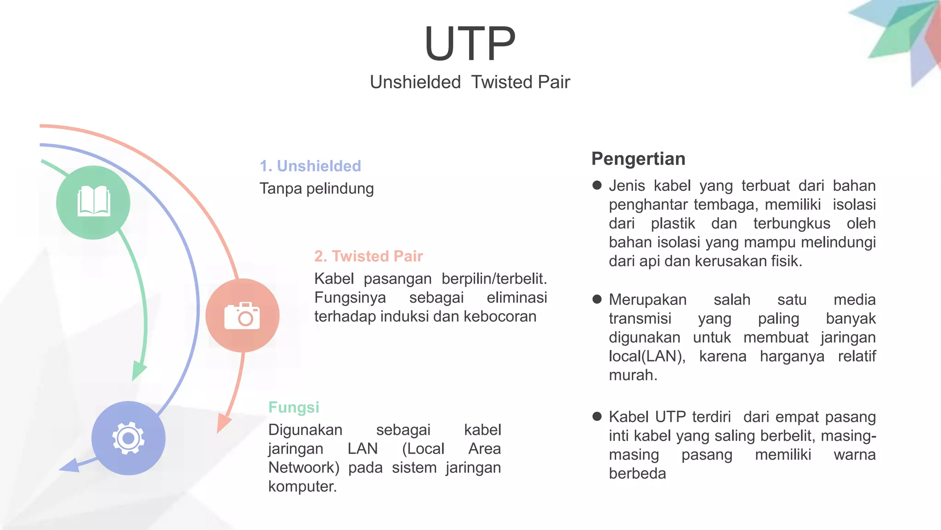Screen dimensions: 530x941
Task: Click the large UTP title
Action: pos(470,44)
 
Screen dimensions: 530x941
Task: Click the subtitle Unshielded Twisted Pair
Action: pos(470,82)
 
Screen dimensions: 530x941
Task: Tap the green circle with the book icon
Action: pos(93,202)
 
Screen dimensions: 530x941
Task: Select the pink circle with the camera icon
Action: pos(242,316)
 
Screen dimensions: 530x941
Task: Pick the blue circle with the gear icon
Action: pos(129,438)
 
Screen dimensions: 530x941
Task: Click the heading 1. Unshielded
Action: pos(310,166)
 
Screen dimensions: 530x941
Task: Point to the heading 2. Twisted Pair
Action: pos(368,256)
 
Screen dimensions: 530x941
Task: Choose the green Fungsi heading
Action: pos(294,408)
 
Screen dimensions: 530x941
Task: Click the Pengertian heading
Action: pos(638,159)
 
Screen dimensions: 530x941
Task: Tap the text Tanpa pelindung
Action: pos(317,189)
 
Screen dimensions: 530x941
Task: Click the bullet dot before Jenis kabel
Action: pos(597,185)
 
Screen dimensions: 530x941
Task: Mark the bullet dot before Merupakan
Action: pos(597,300)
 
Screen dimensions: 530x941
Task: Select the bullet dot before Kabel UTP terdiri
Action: pos(597,417)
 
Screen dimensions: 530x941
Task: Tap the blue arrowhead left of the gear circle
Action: pos(70,466)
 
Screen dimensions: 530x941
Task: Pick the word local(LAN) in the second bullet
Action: pos(647,357)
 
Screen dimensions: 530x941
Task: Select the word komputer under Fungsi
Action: pos(302,487)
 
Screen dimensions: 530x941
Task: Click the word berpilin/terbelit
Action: pos(494,279)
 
